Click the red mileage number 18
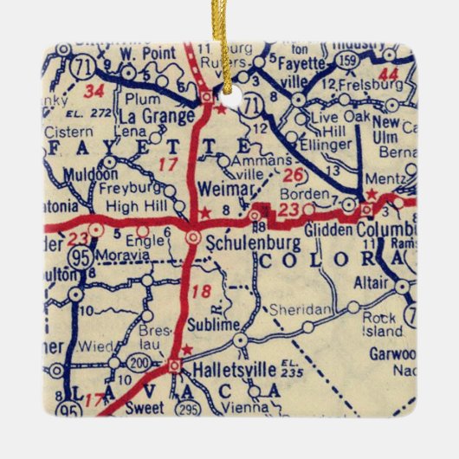pos(202,292)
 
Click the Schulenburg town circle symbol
pos(194,235)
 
